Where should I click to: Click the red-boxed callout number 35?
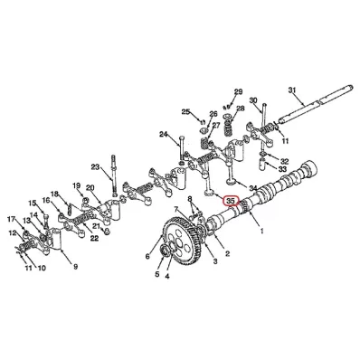point(231,201)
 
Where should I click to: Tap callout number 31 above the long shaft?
point(292,90)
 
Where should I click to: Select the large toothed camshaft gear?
point(182,241)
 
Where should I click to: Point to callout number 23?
point(95,166)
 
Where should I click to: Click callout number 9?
point(75,267)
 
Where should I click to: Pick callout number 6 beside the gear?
point(147,256)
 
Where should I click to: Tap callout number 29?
point(238,91)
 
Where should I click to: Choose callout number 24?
point(163,134)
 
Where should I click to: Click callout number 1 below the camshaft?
point(261,231)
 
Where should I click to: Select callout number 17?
point(11,219)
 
